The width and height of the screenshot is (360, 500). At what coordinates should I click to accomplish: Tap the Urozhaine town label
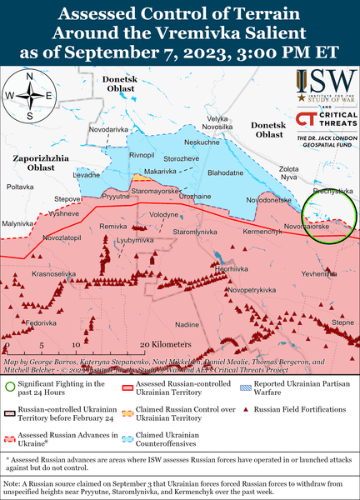195,196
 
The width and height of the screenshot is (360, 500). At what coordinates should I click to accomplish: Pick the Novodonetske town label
268,200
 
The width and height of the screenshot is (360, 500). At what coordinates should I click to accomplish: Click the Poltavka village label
19,187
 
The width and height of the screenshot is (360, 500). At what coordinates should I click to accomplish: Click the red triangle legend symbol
246,409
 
